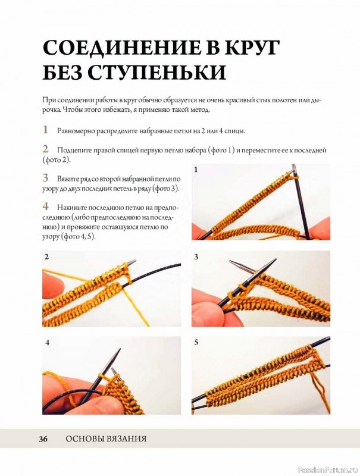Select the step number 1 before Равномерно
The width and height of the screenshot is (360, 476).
point(46,130)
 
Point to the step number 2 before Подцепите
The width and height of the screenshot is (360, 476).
point(46,149)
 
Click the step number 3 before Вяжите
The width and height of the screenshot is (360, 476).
point(46,177)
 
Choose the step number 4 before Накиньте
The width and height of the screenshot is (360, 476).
point(46,206)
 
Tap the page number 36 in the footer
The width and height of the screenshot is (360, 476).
point(43,439)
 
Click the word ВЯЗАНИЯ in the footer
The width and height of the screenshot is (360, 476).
point(126,439)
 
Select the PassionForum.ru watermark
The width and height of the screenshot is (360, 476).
point(328,470)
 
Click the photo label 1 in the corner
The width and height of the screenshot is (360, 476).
point(196,170)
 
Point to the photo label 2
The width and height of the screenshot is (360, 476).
point(46,257)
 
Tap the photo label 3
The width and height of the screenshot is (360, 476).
point(196,257)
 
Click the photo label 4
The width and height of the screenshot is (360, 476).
point(48,343)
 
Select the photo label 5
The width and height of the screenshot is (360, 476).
point(196,343)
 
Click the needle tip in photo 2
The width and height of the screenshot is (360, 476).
point(136,261)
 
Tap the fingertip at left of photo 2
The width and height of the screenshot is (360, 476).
point(54,286)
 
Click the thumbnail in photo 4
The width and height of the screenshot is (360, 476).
point(102,405)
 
